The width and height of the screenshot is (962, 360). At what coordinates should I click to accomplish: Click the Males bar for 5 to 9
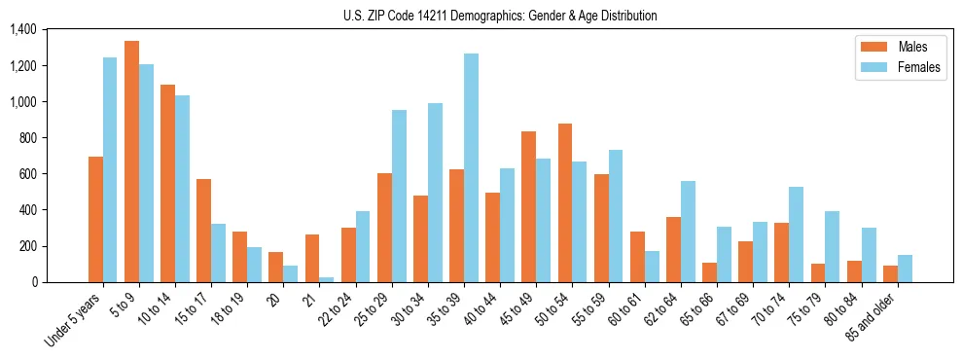tap(131, 162)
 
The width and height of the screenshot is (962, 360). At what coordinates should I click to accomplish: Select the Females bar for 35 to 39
tap(471, 167)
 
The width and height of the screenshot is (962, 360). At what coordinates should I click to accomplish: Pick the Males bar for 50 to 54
tap(565, 202)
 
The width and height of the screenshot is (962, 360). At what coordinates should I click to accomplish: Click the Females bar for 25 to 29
tap(399, 196)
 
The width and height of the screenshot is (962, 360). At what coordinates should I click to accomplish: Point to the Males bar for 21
tap(312, 258)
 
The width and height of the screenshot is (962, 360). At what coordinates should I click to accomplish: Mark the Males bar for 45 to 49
tap(529, 206)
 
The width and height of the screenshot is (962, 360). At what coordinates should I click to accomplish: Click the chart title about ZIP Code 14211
tap(500, 16)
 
